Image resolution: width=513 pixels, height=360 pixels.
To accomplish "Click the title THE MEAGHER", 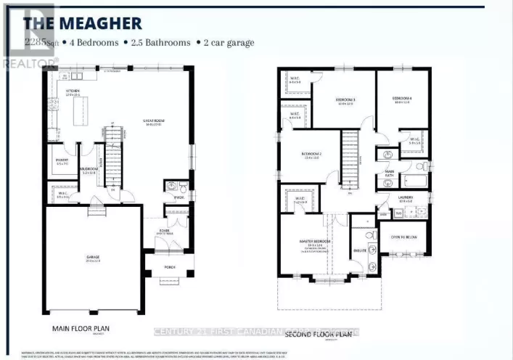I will [83, 23].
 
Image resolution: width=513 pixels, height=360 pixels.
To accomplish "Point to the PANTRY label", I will [62, 160].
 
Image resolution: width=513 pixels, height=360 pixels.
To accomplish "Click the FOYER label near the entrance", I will [165, 231].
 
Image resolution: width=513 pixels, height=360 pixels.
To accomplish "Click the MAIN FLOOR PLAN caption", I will [81, 327].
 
